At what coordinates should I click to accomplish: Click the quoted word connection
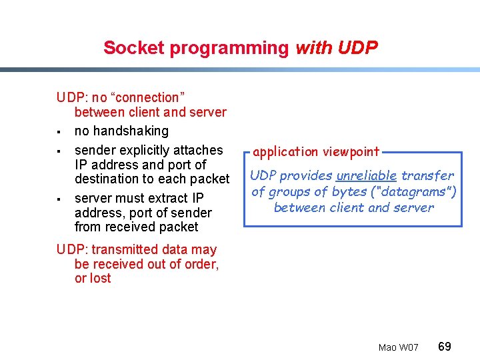(146, 97)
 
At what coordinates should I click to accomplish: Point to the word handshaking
(121, 131)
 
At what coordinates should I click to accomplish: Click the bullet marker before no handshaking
(60, 131)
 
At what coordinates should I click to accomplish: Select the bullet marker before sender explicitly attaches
(60, 151)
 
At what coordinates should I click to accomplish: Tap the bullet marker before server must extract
(60, 199)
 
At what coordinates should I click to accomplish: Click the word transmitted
(121, 249)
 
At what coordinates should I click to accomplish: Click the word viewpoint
(351, 152)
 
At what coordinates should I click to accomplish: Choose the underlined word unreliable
(367, 175)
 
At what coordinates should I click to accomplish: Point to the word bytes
(350, 191)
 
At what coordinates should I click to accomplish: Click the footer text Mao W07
(398, 347)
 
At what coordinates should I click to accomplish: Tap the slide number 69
(445, 346)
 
